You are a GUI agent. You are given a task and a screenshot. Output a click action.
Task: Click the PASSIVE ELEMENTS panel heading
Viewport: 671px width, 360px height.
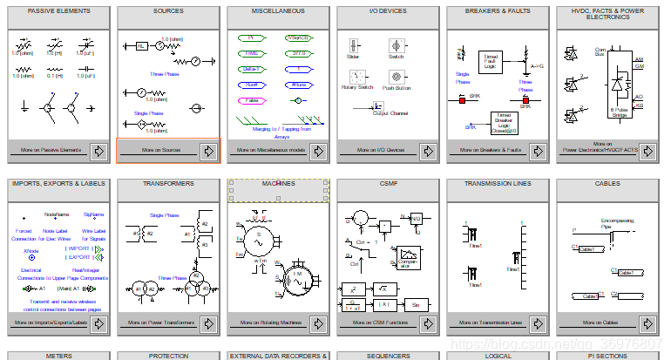58,11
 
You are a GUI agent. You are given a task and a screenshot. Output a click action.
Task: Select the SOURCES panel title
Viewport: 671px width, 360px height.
168,11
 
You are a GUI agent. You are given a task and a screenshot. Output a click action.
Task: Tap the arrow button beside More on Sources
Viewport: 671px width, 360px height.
208,151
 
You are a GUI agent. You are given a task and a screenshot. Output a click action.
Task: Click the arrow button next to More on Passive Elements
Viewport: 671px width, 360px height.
98,151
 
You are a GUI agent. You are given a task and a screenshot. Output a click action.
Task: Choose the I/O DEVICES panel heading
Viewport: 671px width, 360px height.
388,11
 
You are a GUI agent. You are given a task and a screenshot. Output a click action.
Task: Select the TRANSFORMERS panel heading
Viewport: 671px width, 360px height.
168,184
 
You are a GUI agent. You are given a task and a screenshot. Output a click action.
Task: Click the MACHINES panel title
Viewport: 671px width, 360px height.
278,184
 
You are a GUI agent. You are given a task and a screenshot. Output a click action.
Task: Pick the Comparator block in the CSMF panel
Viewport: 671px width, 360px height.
409,257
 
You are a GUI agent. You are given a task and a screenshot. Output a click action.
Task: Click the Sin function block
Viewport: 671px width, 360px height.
416,304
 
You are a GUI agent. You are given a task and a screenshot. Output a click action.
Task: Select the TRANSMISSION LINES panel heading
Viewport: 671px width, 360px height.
498,184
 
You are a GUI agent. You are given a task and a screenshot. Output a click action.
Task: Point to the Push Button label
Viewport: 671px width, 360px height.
396,88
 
